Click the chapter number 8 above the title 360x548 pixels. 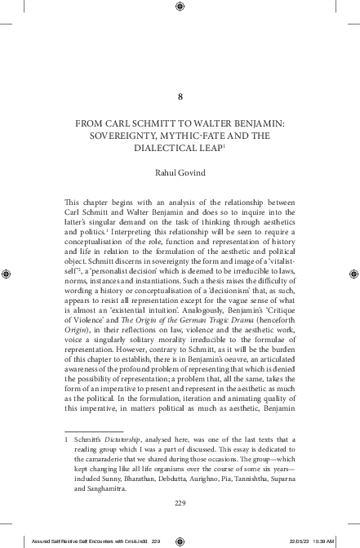(x=180, y=96)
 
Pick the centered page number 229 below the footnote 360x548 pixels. (x=180, y=502)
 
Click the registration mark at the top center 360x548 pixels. (x=180, y=8)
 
